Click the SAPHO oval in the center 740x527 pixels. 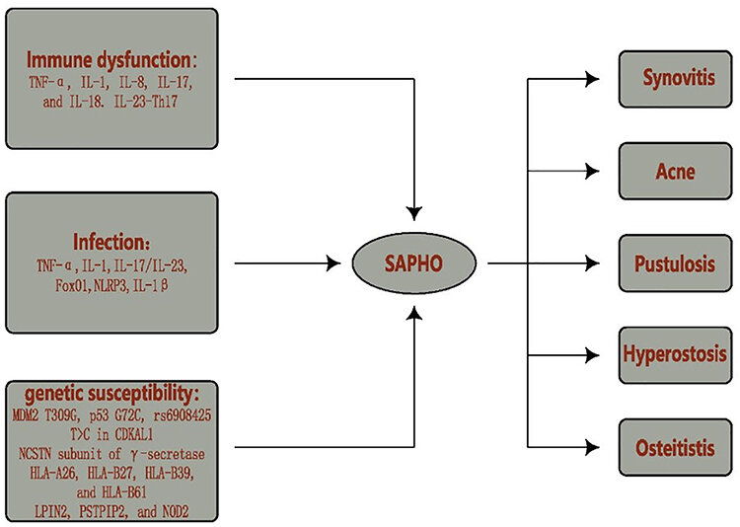[x=418, y=264]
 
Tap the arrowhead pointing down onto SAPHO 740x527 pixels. [x=418, y=211]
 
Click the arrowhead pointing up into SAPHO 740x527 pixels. [x=418, y=313]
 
